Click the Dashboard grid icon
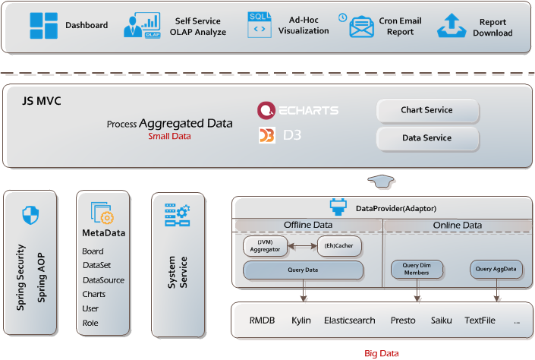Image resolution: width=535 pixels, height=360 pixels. pos(43,26)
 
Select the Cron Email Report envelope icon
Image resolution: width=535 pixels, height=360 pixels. pos(363,27)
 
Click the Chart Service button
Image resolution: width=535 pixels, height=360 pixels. pos(427,110)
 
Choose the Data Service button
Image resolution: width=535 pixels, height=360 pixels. pos(427,138)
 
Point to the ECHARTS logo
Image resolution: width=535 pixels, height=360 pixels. pos(297,110)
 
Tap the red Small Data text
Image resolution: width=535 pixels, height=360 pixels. pos(169,137)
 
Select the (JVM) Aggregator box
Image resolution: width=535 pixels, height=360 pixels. pos(266,246)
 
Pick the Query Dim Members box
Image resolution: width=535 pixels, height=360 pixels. pos(416,269)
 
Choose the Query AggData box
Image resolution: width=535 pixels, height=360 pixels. pos(495,269)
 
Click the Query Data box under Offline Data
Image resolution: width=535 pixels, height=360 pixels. pos(303,270)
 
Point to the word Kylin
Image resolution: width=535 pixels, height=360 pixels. pos(301,321)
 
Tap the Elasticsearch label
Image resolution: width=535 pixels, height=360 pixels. pos(350,321)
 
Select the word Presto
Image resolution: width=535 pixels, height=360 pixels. pos(403,321)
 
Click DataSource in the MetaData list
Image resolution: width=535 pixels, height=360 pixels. pos(103,279)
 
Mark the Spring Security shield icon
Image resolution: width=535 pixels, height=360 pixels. pos(30,215)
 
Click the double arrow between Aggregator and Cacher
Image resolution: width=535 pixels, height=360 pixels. pos(302,246)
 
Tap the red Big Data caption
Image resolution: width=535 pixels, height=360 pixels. pos(382,353)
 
